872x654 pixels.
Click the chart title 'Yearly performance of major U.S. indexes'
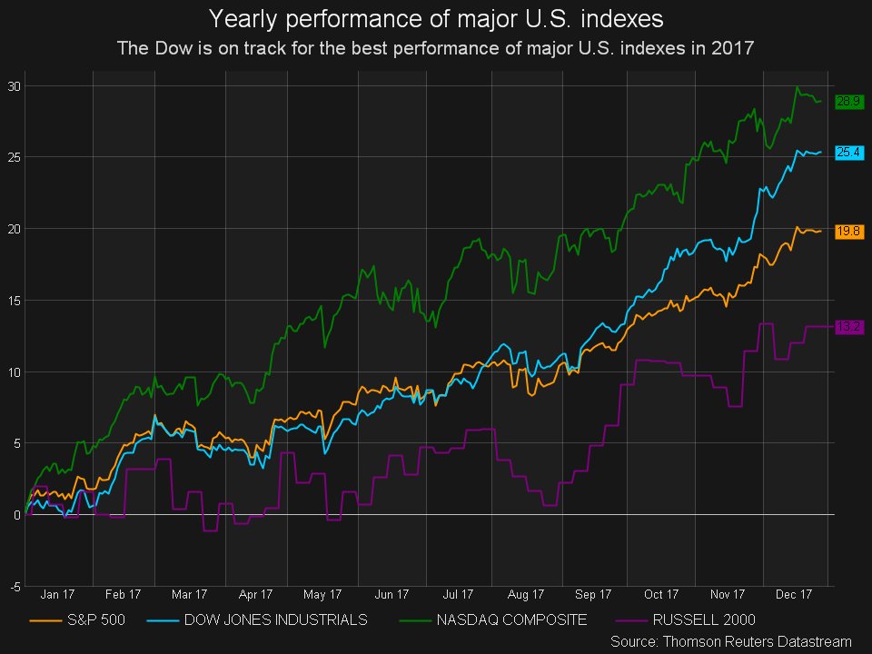pos(436,18)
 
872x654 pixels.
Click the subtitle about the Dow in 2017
pos(436,48)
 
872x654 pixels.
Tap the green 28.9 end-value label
pos(848,102)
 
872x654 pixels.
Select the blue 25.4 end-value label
pos(848,153)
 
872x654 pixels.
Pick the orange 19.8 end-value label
pos(848,232)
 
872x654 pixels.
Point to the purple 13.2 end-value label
pos(848,327)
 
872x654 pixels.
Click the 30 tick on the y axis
pos(15,86)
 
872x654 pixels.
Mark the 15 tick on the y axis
pos(15,301)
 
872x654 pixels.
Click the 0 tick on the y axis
pos(17,515)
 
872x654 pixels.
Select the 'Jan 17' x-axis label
pos(57,595)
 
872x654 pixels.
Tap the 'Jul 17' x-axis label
pos(459,595)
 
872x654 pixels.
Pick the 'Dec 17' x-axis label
pos(794,595)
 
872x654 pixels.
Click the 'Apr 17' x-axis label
pos(257,595)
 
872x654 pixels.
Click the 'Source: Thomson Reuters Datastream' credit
pos(730,641)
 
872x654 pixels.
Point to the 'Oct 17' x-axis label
pos(661,595)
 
